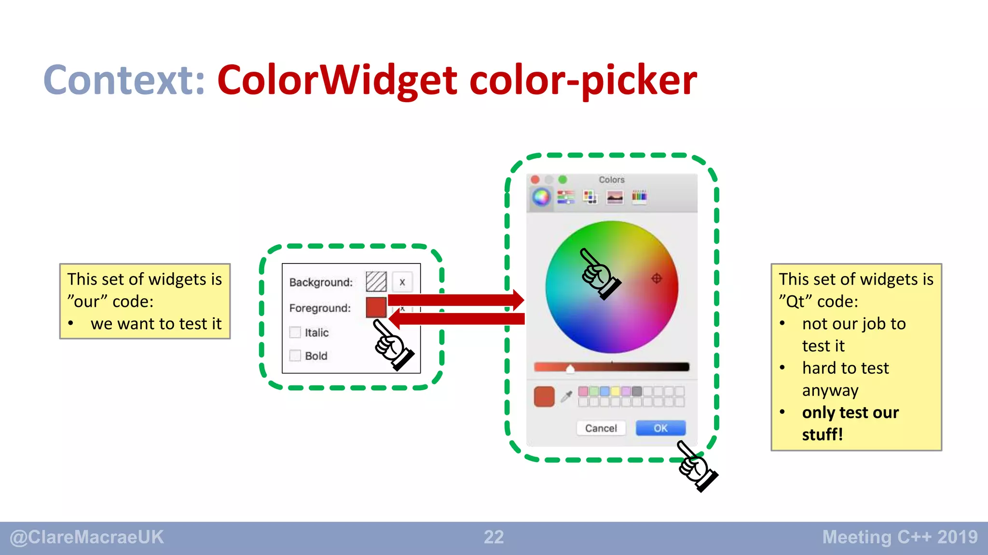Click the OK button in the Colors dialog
(660, 428)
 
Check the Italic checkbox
(295, 332)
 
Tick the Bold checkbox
(295, 356)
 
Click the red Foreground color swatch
(376, 307)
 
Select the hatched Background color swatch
(376, 282)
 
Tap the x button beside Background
(402, 282)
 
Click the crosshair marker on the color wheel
(657, 278)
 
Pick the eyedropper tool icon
(566, 396)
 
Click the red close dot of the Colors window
(535, 180)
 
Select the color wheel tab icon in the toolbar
(541, 197)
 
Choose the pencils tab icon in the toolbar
(639, 197)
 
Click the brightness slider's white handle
(570, 369)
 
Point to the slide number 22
(494, 537)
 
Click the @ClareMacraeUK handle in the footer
(87, 537)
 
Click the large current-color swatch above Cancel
(544, 396)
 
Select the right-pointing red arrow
(456, 300)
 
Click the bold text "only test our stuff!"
(850, 423)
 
